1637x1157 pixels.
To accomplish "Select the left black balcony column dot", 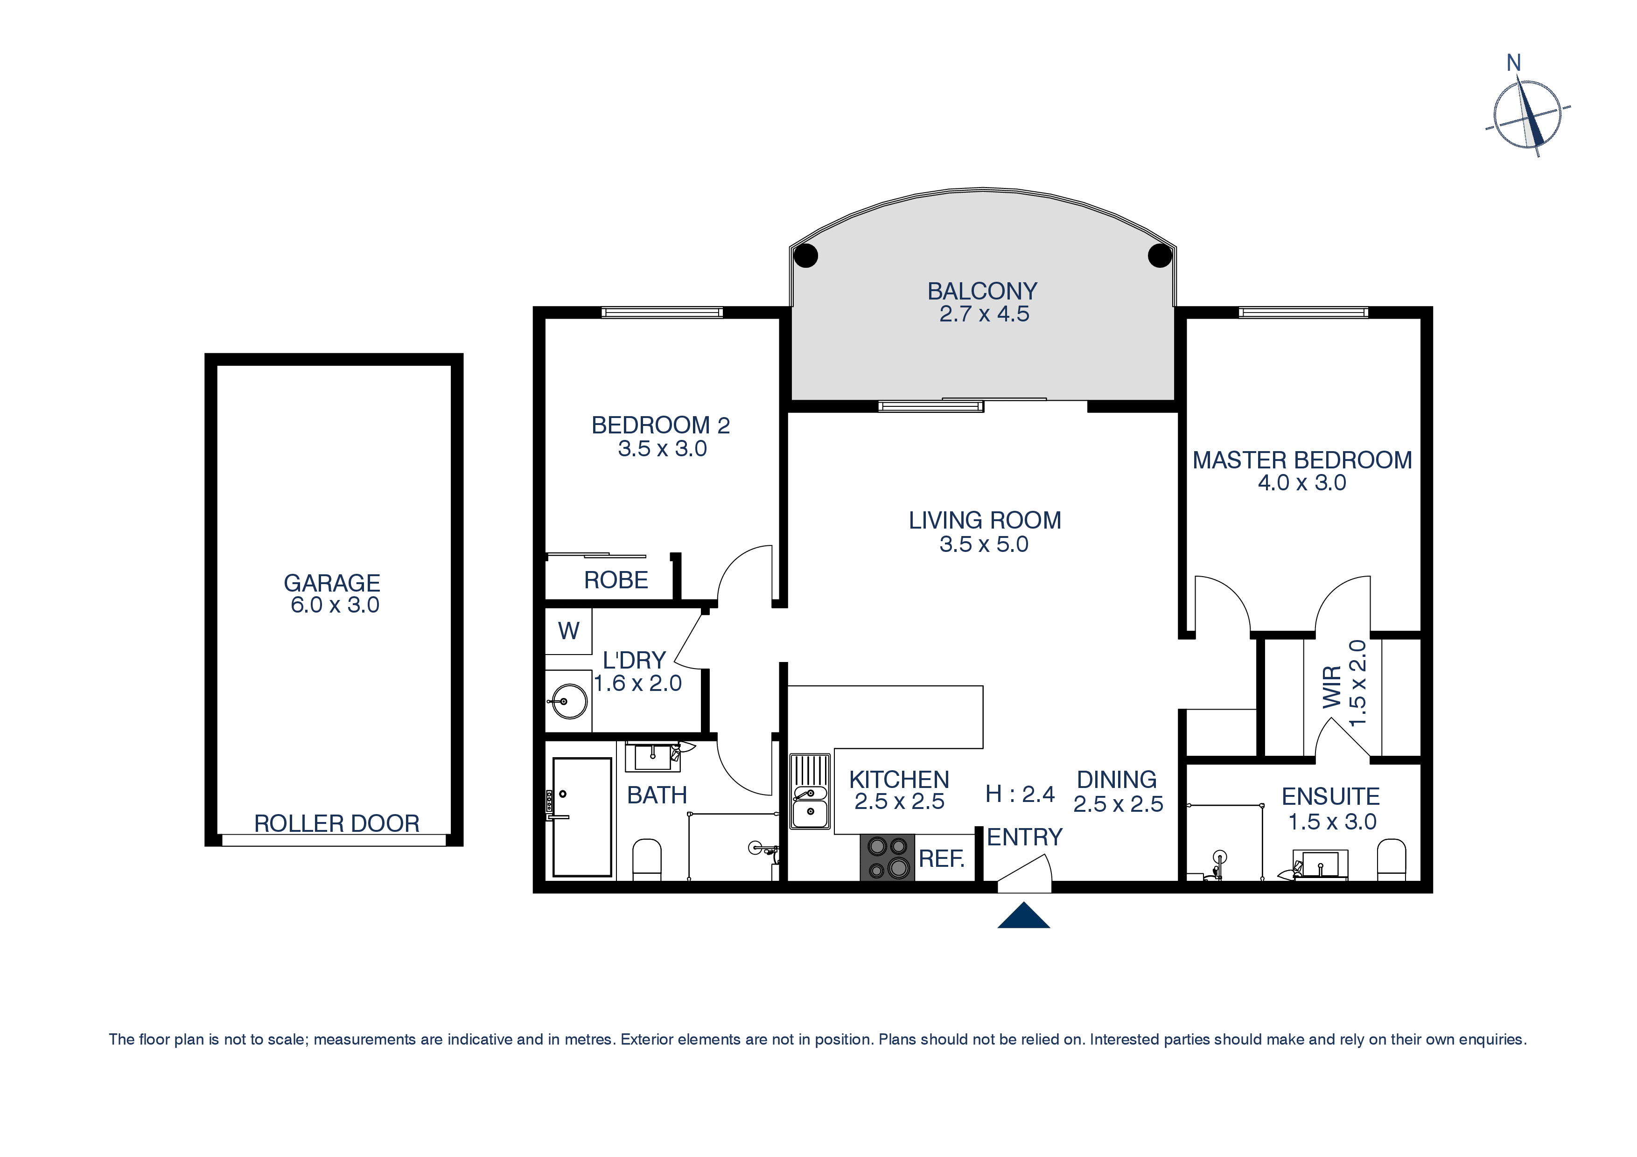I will pos(805,255).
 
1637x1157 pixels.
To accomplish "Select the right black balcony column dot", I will pos(1160,255).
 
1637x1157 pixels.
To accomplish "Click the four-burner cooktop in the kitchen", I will pos(887,857).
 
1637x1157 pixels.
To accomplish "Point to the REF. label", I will pos(941,858).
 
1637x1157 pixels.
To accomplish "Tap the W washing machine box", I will pos(568,631).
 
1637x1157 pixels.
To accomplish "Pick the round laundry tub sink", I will pos(568,702).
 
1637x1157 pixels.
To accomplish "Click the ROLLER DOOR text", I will pos(336,823).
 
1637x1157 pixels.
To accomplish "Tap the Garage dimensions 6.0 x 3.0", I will pos(335,605).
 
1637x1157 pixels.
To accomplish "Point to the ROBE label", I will pos(616,580).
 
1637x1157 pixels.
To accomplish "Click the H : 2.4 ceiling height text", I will pos(1020,794).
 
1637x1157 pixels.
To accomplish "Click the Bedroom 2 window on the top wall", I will pos(662,312).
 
